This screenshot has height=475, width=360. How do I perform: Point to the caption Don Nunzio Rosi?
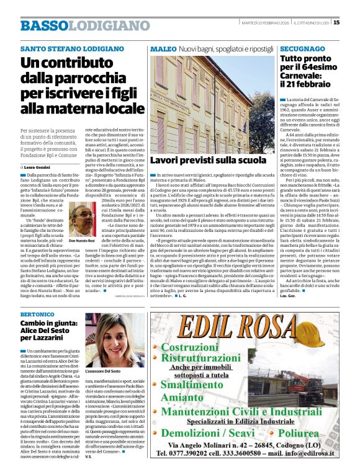click(x=81, y=240)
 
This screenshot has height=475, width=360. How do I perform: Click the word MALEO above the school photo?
click(x=163, y=48)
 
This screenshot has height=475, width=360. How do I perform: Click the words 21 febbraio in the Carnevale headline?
click(x=312, y=83)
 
